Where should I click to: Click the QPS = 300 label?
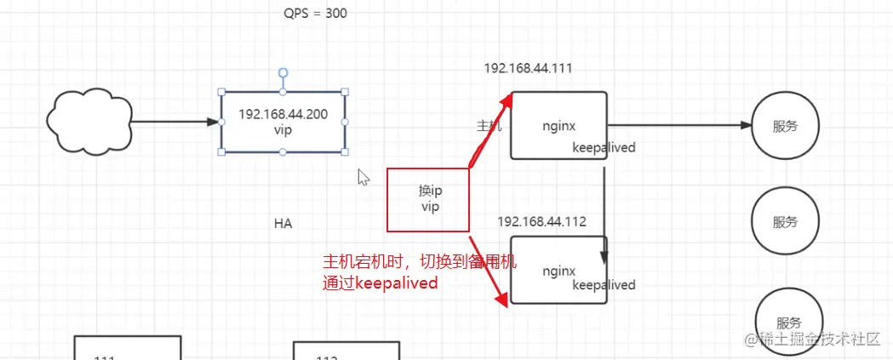pyautogui.click(x=315, y=14)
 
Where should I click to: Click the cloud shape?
pyautogui.click(x=89, y=123)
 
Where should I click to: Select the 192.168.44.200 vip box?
pyautogui.click(x=283, y=122)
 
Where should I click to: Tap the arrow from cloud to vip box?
pyautogui.click(x=175, y=123)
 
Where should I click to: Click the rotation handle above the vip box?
pyautogui.click(x=283, y=73)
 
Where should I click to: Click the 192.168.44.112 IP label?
pyautogui.click(x=542, y=221)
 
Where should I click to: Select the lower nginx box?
pyautogui.click(x=558, y=271)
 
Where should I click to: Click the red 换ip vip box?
pyautogui.click(x=428, y=200)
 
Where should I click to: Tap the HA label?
pyautogui.click(x=283, y=224)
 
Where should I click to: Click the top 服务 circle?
pyautogui.click(x=785, y=126)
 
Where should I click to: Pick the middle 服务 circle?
pyautogui.click(x=785, y=222)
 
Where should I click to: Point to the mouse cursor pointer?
pyautogui.click(x=363, y=177)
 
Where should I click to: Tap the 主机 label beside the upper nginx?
pyautogui.click(x=489, y=126)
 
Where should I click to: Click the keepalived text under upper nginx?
pyautogui.click(x=604, y=147)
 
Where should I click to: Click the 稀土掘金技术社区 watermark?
pyautogui.click(x=812, y=340)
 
